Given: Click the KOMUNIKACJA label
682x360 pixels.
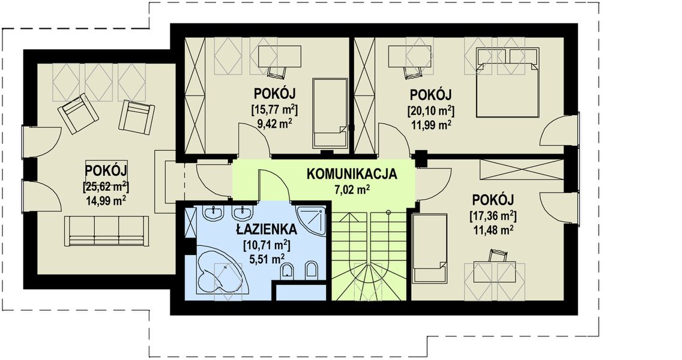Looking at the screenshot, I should [352, 175].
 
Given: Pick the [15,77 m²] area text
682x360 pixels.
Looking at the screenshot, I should [274, 110].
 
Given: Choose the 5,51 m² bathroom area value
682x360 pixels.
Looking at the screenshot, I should [265, 259].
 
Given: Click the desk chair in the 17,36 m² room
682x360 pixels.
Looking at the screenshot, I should [498, 255].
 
